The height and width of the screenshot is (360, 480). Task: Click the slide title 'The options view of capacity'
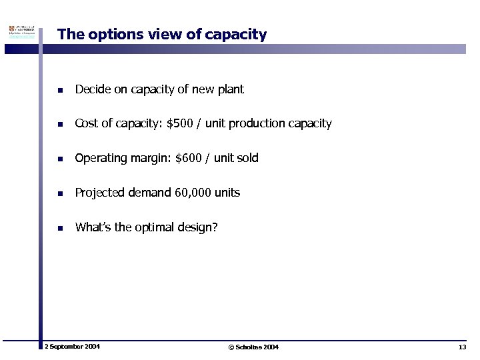(x=162, y=34)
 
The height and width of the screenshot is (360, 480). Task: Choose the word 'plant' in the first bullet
(x=231, y=89)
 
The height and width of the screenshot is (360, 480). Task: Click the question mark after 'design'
(x=215, y=227)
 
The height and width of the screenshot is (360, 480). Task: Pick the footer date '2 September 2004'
(x=72, y=347)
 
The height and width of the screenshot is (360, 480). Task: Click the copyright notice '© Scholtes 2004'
(x=253, y=347)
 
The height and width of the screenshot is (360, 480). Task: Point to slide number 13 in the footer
(x=462, y=347)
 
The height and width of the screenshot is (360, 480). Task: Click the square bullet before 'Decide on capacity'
(x=59, y=89)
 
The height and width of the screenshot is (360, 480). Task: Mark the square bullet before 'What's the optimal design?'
(x=59, y=228)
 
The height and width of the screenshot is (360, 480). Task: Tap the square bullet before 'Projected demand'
(x=59, y=193)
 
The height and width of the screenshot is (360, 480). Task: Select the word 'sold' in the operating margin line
(x=247, y=158)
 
